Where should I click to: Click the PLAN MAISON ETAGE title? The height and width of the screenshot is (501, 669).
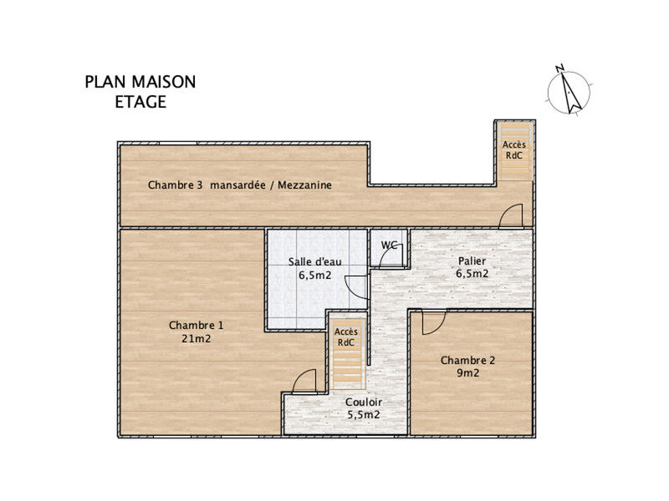140,92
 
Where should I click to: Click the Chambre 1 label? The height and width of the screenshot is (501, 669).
196,325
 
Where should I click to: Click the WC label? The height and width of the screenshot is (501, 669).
389,245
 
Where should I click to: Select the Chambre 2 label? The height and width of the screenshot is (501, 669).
468,361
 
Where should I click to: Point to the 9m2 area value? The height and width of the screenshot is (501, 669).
468,374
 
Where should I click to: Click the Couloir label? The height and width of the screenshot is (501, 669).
364,402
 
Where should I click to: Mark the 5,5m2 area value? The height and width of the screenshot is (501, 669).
364,414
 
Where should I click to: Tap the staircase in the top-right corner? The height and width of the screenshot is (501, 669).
514,150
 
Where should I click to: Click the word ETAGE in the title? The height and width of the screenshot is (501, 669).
140,103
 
